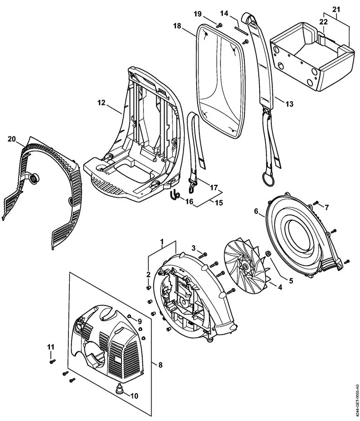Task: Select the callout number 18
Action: (177, 27)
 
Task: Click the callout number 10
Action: (134, 396)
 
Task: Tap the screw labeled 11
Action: (51, 361)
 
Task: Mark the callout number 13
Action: (289, 104)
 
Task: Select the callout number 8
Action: (160, 365)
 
